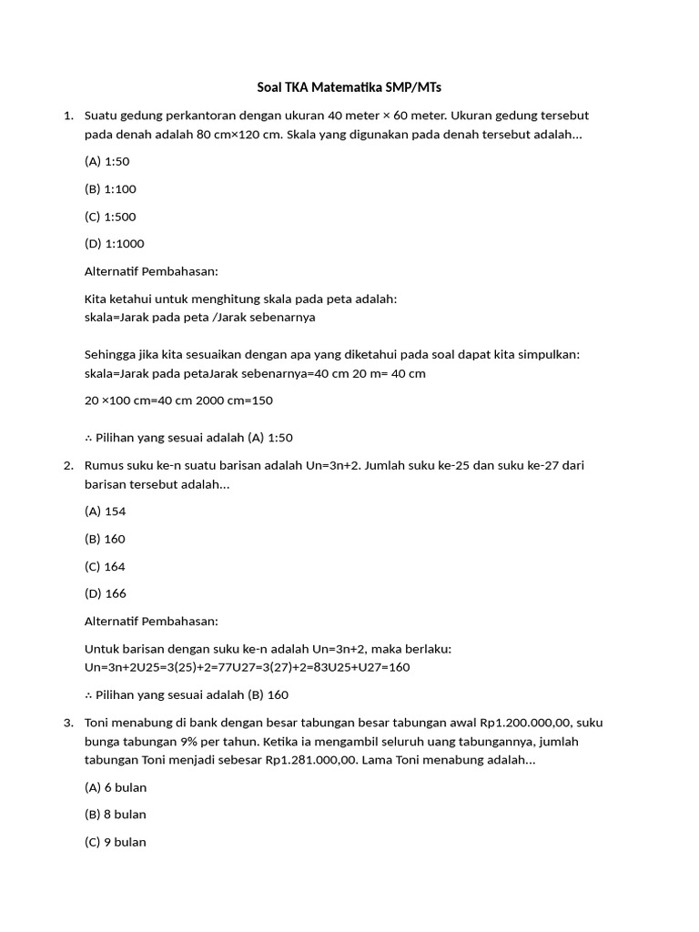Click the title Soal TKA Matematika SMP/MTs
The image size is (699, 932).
pos(349,87)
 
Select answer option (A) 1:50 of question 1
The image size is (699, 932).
pos(107,162)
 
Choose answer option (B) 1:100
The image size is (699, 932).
pos(110,189)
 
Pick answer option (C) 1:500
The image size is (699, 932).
pos(110,217)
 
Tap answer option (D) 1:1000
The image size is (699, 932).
pos(114,244)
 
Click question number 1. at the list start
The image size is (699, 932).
pos(68,116)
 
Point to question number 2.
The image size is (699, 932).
pos(68,466)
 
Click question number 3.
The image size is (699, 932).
pos(68,723)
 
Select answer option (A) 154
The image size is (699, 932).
pos(105,512)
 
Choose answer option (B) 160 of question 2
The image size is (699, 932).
pos(105,539)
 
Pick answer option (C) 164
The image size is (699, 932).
pos(105,566)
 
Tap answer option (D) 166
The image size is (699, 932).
pos(105,593)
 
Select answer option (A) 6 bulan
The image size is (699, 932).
pos(116,787)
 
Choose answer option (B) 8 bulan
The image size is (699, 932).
pos(116,815)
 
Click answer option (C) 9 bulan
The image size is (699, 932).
pos(116,842)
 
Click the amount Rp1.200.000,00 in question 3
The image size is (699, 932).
pos(505,723)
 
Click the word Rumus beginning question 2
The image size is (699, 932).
pos(104,466)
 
